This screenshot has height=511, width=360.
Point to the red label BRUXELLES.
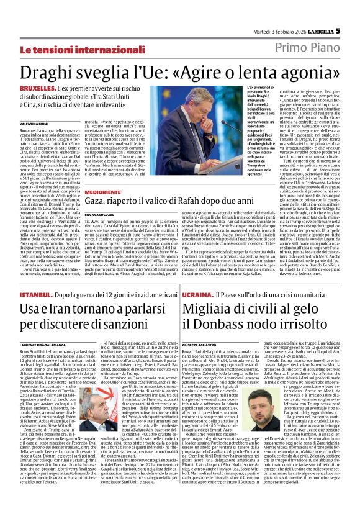(37, 90)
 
